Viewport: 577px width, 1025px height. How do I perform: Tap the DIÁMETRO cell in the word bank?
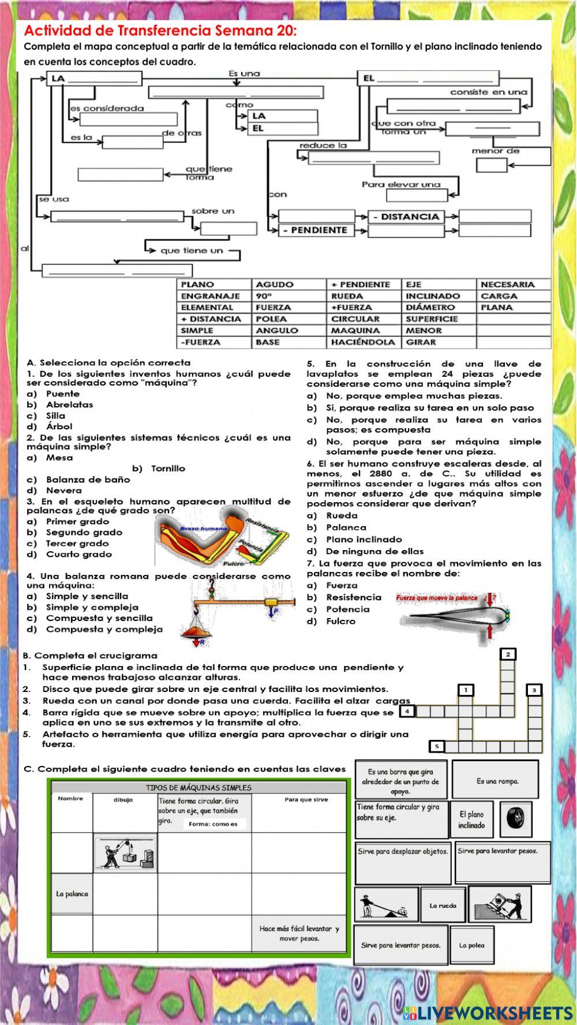click(x=430, y=308)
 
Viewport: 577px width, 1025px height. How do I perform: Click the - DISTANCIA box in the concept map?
click(x=406, y=217)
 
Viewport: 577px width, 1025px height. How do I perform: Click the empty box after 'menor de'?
click(x=491, y=166)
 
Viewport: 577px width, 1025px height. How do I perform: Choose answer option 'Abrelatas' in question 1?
click(x=70, y=405)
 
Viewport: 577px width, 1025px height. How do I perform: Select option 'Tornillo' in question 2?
click(x=168, y=469)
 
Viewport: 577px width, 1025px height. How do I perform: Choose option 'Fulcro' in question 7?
click(x=340, y=621)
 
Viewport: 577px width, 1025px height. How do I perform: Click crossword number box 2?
click(x=508, y=654)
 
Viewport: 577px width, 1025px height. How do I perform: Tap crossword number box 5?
click(x=437, y=746)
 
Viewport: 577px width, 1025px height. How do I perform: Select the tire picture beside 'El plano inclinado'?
click(x=512, y=818)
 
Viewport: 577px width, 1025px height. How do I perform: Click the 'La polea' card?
click(x=472, y=945)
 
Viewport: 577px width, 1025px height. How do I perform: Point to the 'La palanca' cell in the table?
click(x=72, y=894)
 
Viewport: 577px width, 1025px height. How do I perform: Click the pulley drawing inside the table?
click(x=125, y=854)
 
